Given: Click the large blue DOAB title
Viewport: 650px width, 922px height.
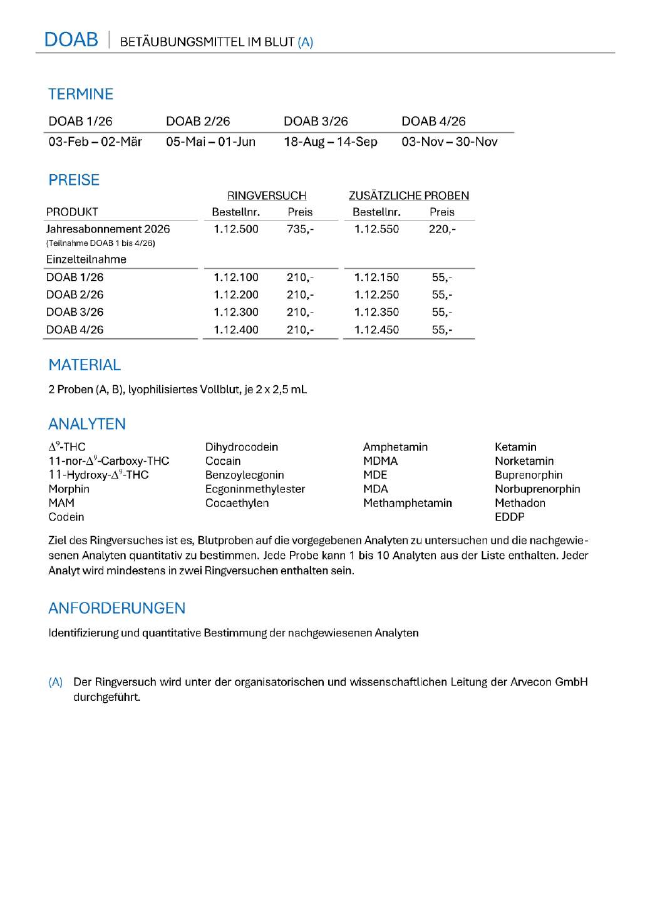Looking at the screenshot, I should coord(71,39).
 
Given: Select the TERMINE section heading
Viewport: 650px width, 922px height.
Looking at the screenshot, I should coord(81,94).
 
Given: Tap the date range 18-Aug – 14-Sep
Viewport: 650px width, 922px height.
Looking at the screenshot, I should coord(330,142).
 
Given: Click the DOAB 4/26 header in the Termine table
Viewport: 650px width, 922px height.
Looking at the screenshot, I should coord(433,121).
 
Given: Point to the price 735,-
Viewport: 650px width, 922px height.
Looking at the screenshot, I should coord(300,229).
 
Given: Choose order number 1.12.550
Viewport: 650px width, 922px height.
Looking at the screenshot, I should coord(376,229).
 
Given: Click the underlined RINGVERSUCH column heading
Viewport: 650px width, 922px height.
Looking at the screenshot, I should coord(266,195).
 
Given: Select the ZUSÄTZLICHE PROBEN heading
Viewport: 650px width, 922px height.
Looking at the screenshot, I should coord(408,195).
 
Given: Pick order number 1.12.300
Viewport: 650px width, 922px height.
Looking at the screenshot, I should coord(236,312).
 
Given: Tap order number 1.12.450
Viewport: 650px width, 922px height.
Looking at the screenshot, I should coord(376,329).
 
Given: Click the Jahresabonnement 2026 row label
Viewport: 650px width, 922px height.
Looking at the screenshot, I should coord(108,229).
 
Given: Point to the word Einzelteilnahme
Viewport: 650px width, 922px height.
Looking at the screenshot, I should coord(86,259).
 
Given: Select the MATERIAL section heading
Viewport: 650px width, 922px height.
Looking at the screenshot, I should coord(85,365).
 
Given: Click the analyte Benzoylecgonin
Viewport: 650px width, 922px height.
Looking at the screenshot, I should coord(244,475).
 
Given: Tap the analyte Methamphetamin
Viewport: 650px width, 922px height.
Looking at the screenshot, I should coord(407,503).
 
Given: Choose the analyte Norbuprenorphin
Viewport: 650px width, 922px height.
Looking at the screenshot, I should coord(537,489).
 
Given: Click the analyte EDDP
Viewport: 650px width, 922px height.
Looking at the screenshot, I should coord(509,517).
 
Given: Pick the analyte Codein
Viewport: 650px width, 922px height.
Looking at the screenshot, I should coord(66,517).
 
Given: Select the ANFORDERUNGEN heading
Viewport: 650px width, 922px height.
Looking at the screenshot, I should coord(116,608).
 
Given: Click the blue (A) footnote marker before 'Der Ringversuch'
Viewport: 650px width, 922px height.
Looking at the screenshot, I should coord(56,682).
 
